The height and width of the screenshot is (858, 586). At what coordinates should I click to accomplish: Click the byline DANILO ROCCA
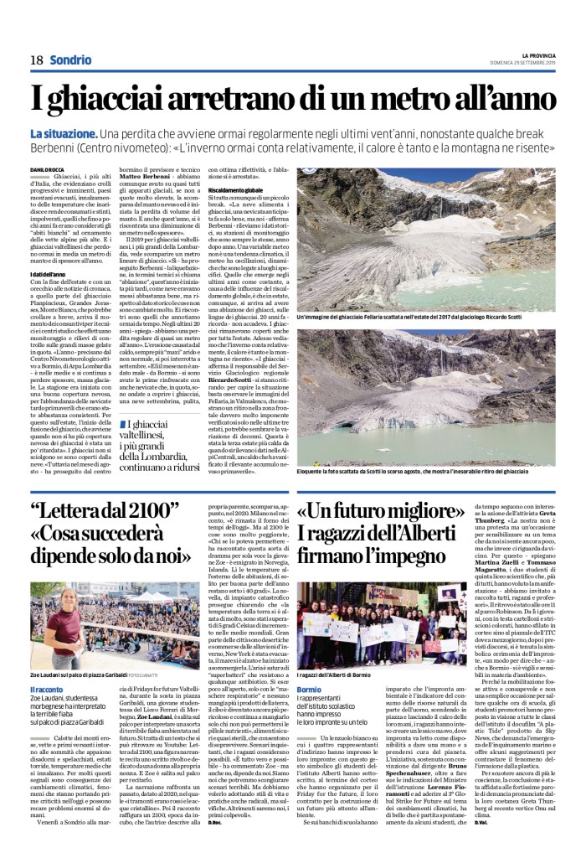[x=46, y=173]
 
